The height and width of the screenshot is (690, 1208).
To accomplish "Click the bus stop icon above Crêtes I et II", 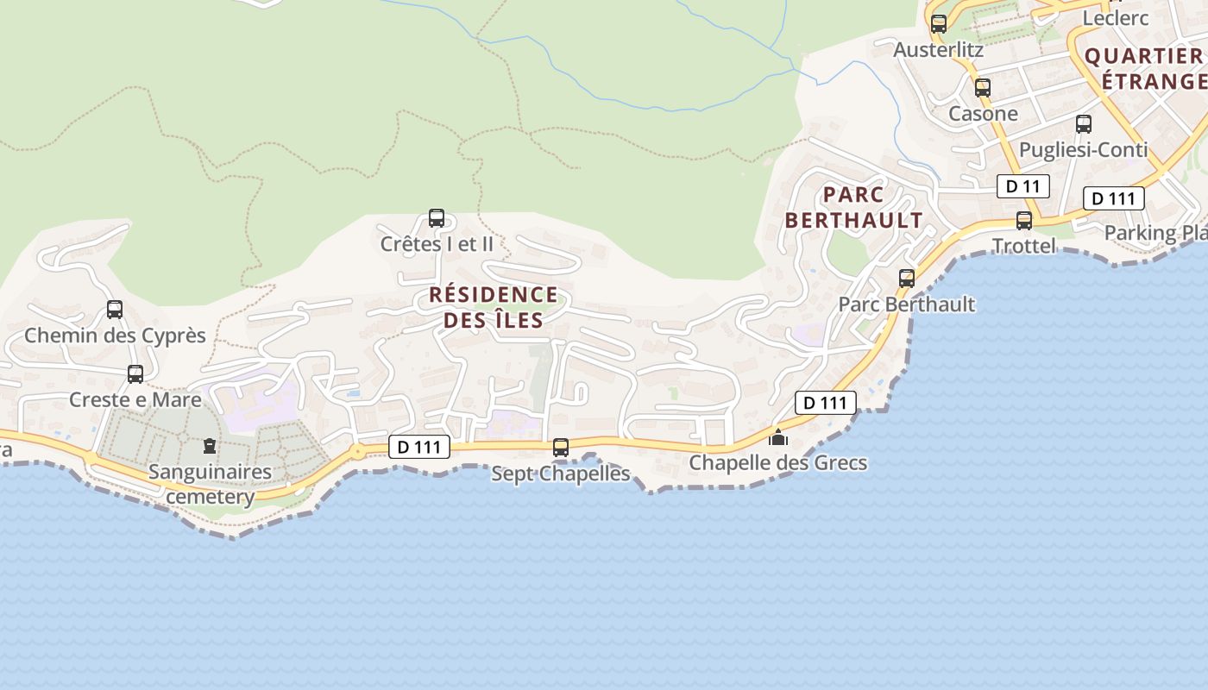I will click(x=437, y=218).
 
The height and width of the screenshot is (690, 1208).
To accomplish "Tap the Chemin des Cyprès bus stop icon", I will click(x=115, y=310).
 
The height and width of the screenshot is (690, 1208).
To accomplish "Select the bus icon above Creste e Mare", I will click(x=135, y=374).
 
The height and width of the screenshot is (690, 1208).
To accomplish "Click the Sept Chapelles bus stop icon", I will click(x=561, y=448).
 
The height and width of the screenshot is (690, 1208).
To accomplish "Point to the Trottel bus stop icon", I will click(x=1024, y=221).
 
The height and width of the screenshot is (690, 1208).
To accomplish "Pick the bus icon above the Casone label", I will click(x=983, y=88).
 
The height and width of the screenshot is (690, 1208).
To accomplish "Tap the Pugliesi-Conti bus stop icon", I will click(x=1084, y=124).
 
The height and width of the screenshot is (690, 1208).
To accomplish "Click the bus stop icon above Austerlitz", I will click(x=939, y=24).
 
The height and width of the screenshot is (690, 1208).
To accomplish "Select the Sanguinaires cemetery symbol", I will click(x=209, y=446).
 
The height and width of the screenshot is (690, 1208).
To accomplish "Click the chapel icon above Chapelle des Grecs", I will click(x=778, y=437).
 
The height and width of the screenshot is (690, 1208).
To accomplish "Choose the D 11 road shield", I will click(x=1023, y=186).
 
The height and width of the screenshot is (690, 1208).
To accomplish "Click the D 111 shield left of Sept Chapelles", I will click(x=420, y=447).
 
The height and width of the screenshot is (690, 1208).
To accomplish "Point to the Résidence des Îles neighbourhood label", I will click(x=494, y=307).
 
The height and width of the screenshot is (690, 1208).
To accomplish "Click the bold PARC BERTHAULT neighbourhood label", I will click(x=853, y=207).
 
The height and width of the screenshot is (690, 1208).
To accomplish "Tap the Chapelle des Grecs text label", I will click(x=777, y=463).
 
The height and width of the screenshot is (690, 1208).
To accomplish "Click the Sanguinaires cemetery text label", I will click(x=210, y=485).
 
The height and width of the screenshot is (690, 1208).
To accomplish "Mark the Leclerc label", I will click(x=1116, y=18).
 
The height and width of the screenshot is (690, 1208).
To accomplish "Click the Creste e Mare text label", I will click(x=135, y=400).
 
